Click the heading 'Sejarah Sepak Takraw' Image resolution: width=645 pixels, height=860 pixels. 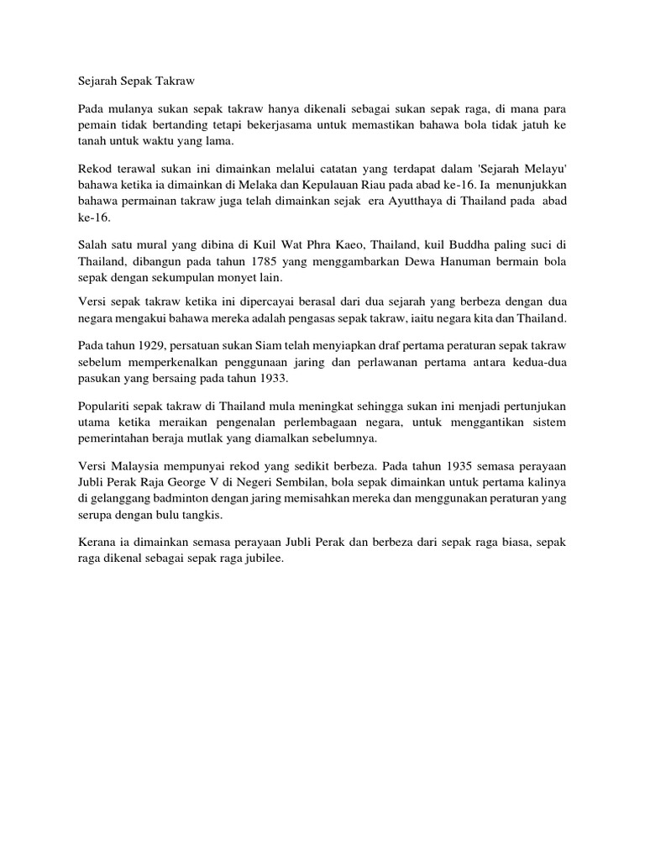(135, 81)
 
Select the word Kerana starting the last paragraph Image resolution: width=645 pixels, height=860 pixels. (97, 543)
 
